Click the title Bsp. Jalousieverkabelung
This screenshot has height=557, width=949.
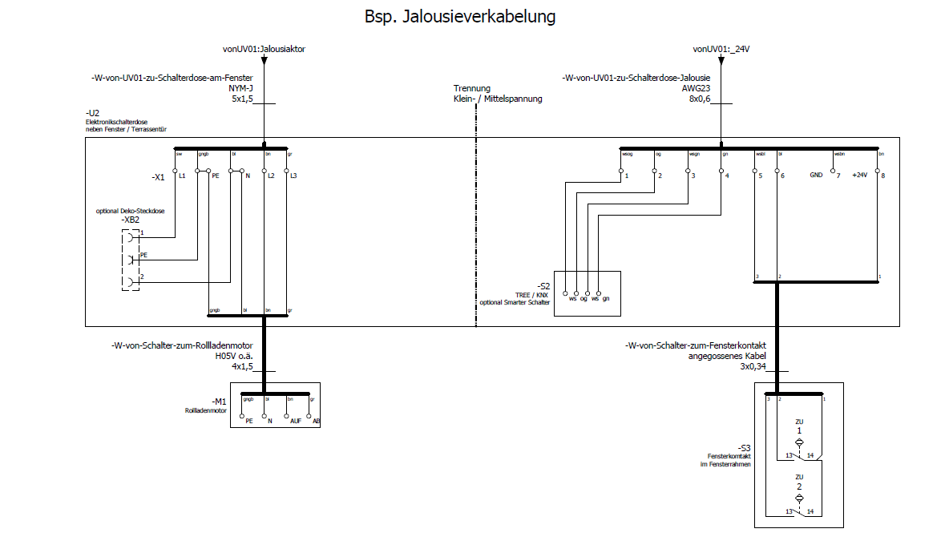coord(459,16)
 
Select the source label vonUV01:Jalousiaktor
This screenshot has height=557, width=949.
coord(264,49)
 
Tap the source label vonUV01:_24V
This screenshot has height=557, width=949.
coord(721,49)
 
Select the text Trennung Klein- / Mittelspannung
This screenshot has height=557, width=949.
coord(497,94)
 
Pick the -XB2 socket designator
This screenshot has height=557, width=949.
coord(131,220)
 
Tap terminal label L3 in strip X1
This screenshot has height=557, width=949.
coord(293,176)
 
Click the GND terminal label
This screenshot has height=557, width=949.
coord(816,175)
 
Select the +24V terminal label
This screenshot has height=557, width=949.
coord(859,175)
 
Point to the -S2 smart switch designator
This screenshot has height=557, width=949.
coord(544,285)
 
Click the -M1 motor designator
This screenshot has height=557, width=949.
coord(219,401)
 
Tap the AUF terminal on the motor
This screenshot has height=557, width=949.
coord(296,420)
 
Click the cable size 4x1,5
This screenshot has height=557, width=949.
coord(242,366)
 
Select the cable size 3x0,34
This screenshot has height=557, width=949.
coord(753,366)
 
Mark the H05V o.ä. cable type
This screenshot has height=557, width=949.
coord(234,356)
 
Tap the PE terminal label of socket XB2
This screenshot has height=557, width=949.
coord(143,255)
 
